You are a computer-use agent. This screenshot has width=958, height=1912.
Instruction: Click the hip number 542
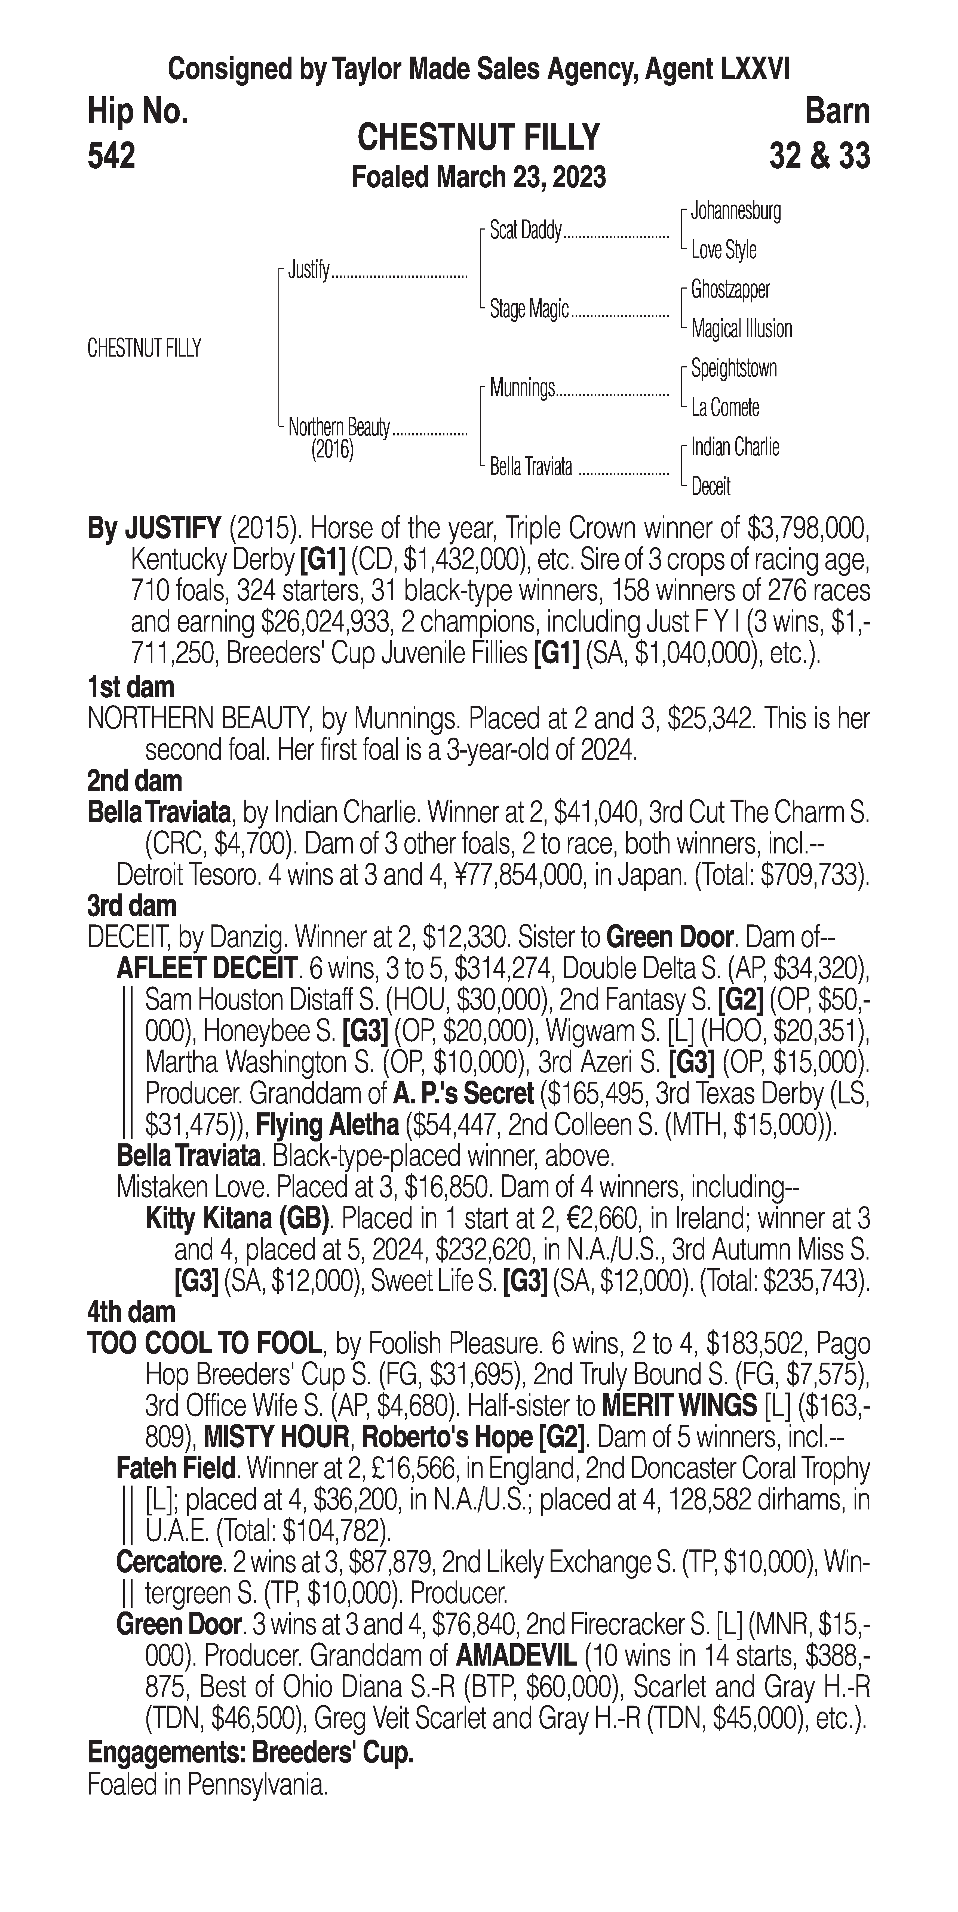[111, 156]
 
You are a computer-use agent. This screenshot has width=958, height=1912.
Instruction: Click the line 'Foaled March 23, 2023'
[478, 177]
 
